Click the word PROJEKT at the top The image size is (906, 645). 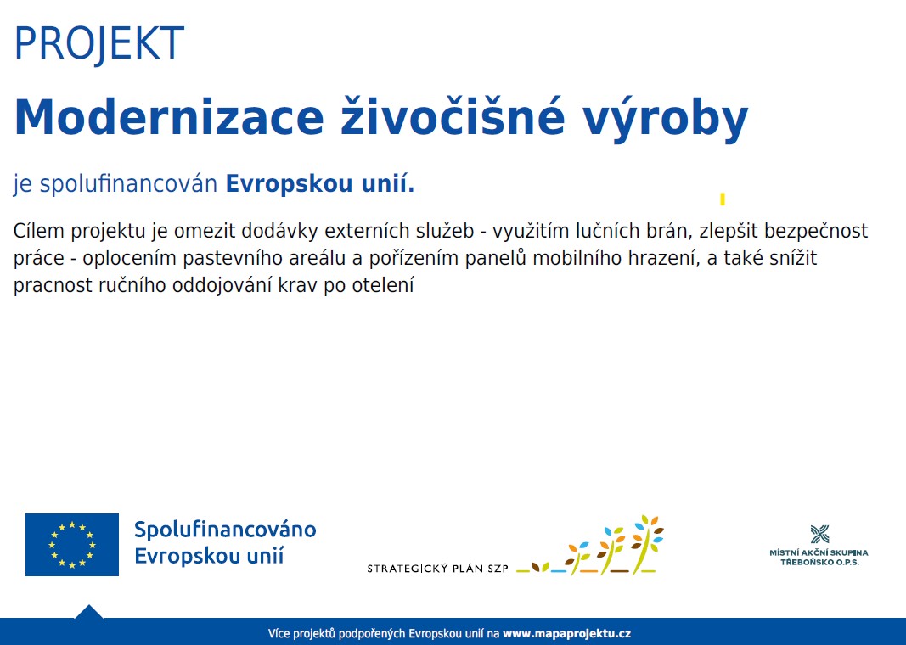(x=98, y=43)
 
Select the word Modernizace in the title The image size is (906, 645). (x=169, y=118)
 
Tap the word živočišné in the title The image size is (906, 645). (x=453, y=118)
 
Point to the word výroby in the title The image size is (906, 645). (x=665, y=121)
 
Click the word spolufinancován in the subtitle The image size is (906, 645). (x=128, y=184)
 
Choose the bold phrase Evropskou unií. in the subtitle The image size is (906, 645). (x=320, y=183)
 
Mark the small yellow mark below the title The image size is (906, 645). (x=723, y=199)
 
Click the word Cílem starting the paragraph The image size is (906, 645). (x=39, y=230)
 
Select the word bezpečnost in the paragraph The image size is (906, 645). (x=816, y=232)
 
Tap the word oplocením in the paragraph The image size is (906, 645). (x=129, y=259)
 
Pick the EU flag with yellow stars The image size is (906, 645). (x=72, y=545)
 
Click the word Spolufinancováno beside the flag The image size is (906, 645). (x=225, y=530)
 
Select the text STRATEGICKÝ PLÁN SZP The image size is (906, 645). (x=438, y=569)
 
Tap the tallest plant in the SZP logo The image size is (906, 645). (x=646, y=545)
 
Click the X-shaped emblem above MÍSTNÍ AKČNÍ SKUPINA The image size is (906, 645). (x=819, y=534)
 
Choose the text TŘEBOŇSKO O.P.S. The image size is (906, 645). (x=819, y=562)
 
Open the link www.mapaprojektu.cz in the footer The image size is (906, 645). (x=567, y=633)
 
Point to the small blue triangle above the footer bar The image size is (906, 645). (x=89, y=612)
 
